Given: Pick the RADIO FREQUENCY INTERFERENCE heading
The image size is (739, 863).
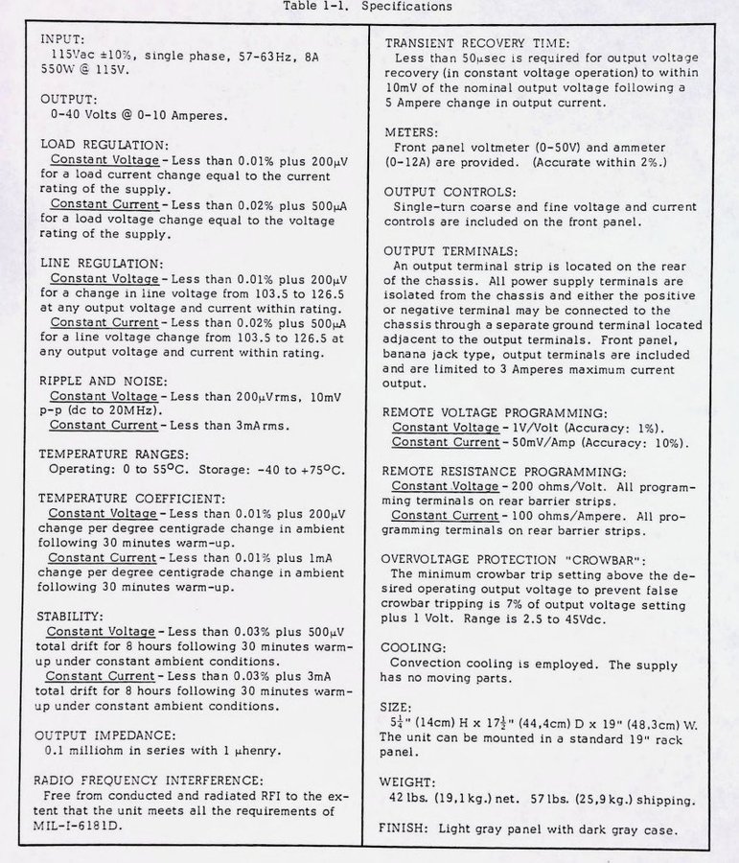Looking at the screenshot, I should (148, 780).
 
